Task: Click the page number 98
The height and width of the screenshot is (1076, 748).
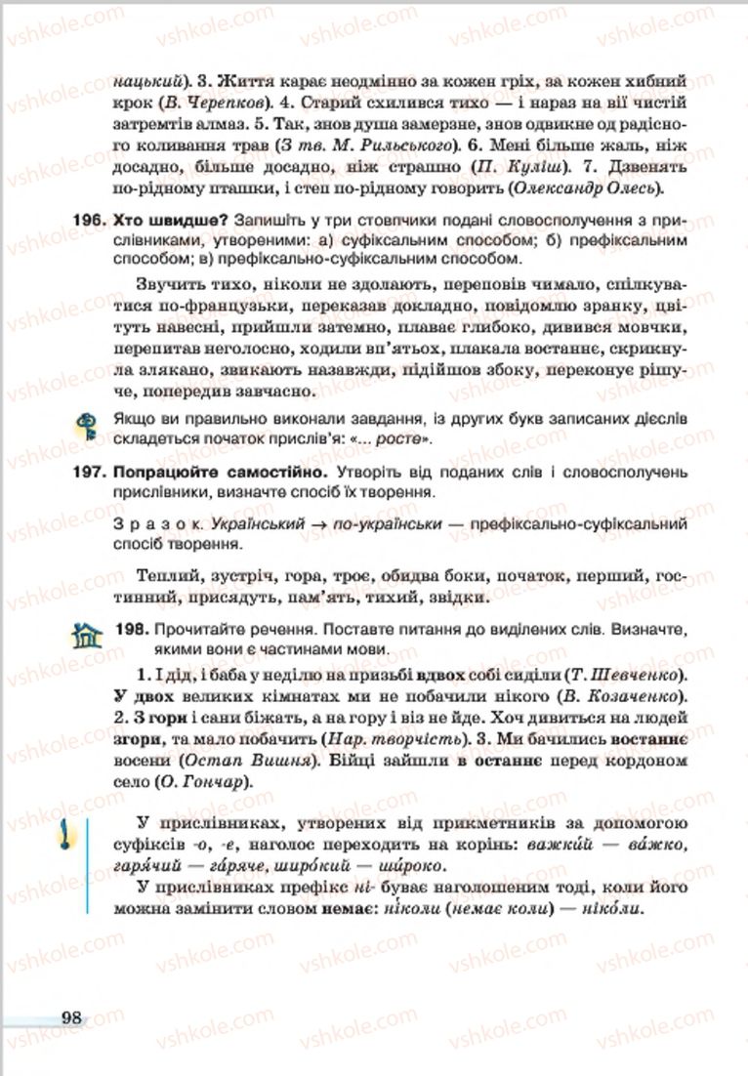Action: [70, 1016]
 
